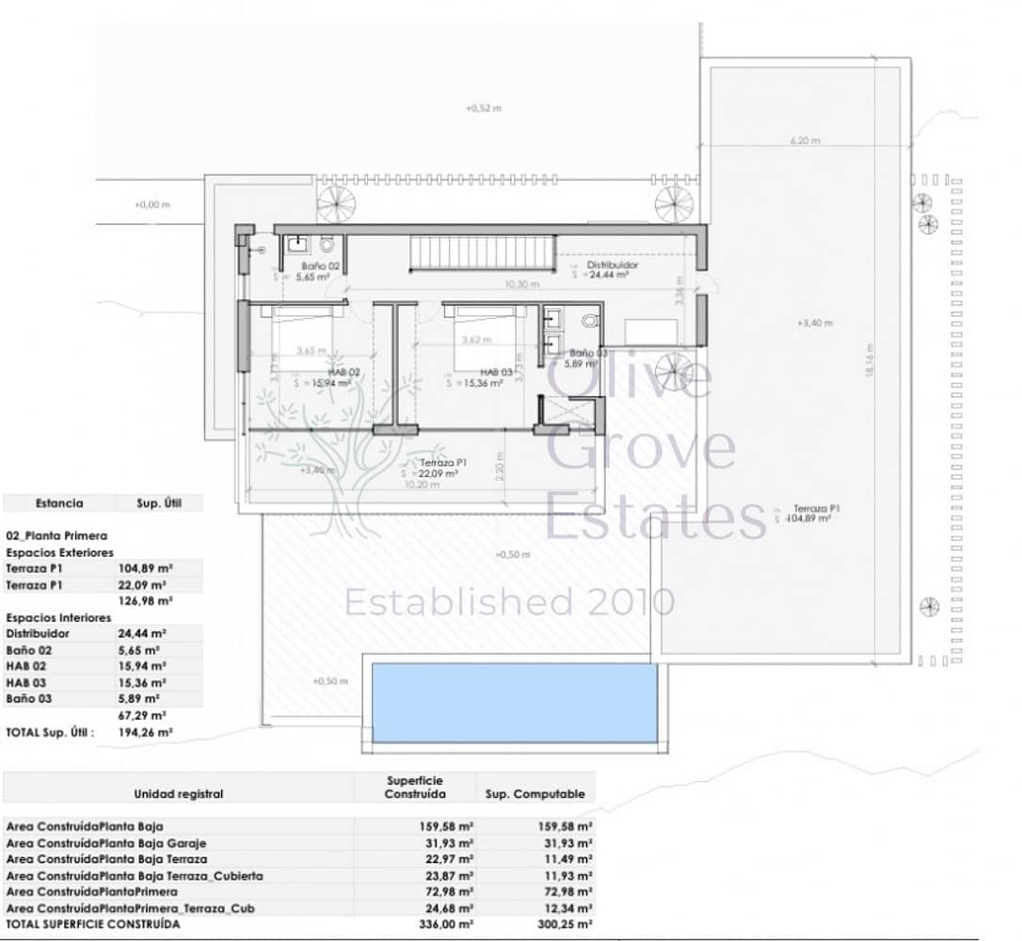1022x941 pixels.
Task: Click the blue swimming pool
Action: [x=514, y=702]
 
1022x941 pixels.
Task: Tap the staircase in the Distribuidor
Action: [x=481, y=252]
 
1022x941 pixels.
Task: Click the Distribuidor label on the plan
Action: [x=613, y=265]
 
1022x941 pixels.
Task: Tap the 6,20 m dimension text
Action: [x=805, y=141]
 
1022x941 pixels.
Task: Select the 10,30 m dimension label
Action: [x=521, y=284]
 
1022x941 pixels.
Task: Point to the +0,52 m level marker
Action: [x=484, y=108]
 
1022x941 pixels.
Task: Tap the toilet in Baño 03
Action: [x=589, y=321]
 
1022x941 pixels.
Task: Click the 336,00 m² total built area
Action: [x=446, y=925]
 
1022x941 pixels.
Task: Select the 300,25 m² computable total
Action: [x=566, y=925]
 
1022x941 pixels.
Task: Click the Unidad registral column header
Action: [x=179, y=793]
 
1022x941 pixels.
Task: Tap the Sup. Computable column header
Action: [x=535, y=793]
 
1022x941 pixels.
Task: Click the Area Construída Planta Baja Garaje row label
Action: [x=105, y=843]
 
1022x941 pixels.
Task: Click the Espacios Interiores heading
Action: [x=58, y=617]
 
